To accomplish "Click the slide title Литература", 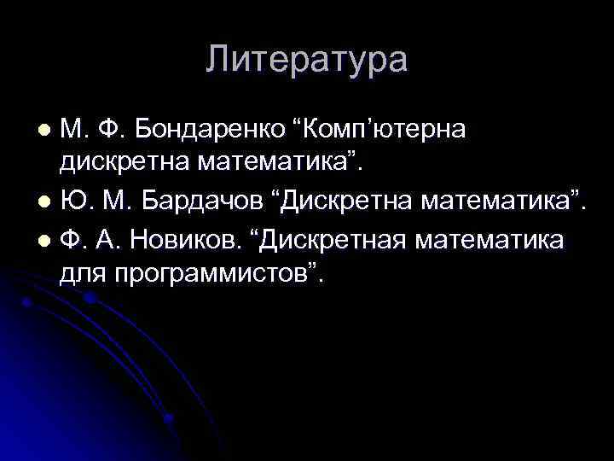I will pos(307,61).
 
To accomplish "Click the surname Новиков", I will pos(188,240).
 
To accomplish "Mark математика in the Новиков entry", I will pos(490,240).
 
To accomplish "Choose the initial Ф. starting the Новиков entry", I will pos(74,240).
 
